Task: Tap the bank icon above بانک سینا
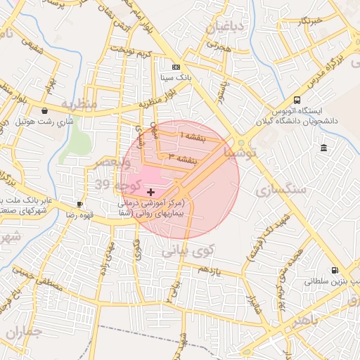click(x=175, y=65)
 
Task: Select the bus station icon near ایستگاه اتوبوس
click(x=297, y=100)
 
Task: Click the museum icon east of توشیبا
click(x=323, y=148)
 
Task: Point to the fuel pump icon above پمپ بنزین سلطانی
click(x=333, y=270)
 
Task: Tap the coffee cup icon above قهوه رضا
click(x=79, y=205)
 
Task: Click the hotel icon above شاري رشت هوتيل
click(x=45, y=110)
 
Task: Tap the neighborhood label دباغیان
click(x=225, y=27)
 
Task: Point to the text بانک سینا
click(x=175, y=76)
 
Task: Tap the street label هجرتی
click(x=219, y=44)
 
